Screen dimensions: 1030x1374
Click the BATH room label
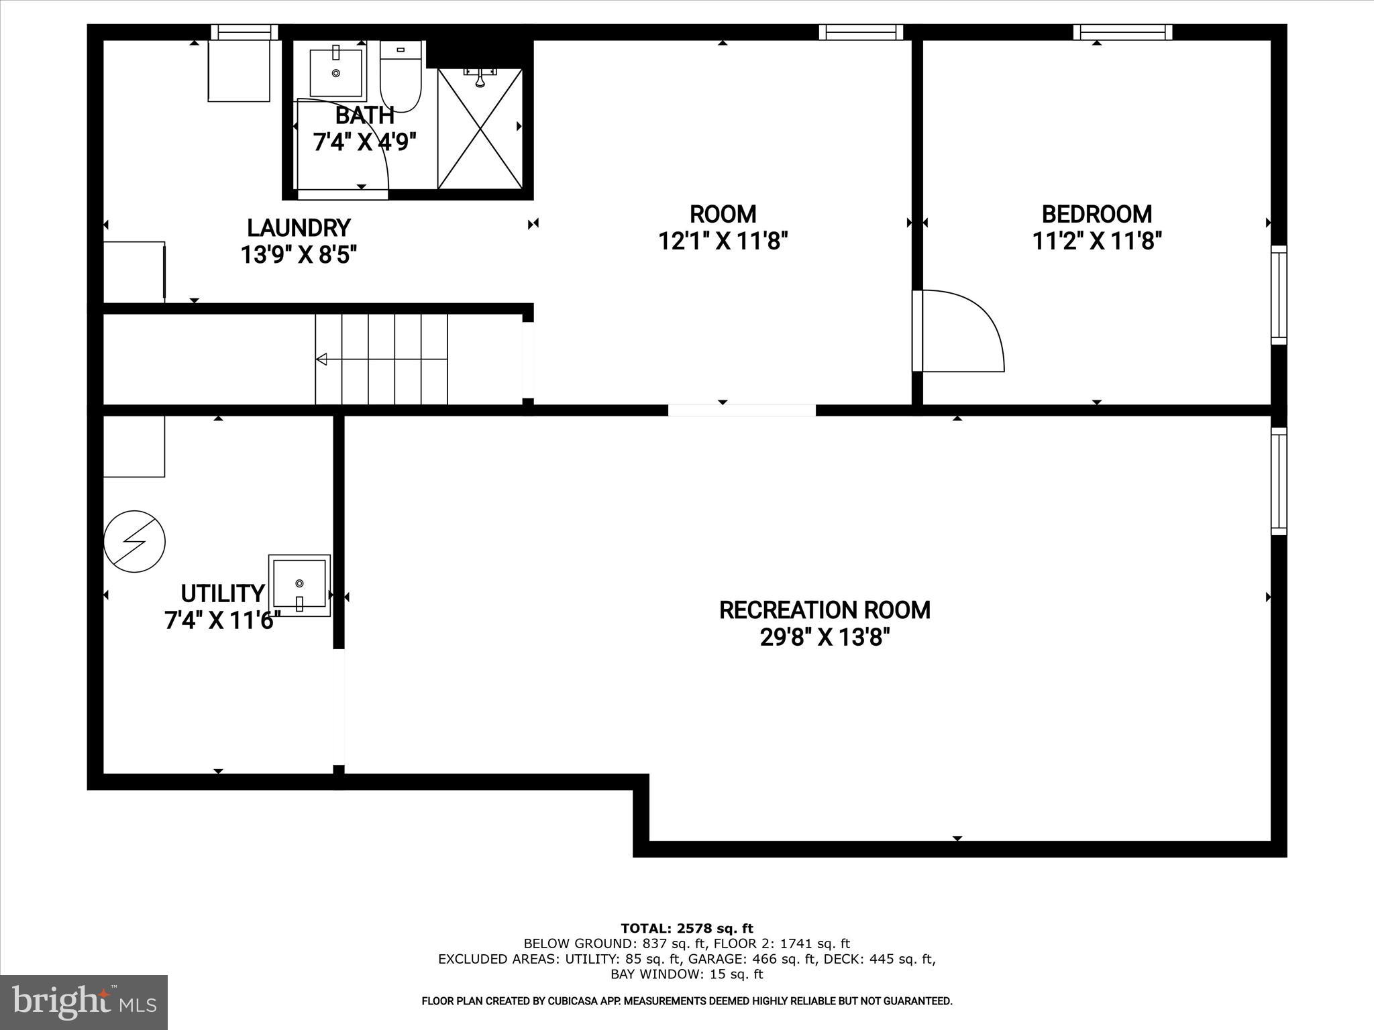pos(364,115)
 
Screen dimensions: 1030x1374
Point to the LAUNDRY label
pos(299,228)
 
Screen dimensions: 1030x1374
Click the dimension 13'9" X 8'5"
pos(299,255)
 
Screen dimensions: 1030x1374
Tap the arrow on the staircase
pos(322,359)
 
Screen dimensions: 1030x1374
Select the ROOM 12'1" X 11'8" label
pos(723,215)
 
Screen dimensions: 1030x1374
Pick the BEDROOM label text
pos(1096,215)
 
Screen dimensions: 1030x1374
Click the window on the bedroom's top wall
pos(1122,32)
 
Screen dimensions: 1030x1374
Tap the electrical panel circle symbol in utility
pos(135,542)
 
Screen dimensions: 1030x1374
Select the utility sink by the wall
pos(299,585)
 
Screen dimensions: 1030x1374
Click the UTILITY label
pos(223,593)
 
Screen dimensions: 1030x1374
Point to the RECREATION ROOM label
pos(825,610)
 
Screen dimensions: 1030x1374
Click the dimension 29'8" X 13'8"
pos(825,637)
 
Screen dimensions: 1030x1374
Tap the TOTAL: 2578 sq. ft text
pos(687,929)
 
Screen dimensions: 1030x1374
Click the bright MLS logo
pos(84,1002)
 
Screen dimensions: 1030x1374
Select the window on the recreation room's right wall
pos(1279,481)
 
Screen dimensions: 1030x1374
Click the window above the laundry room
pos(244,32)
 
